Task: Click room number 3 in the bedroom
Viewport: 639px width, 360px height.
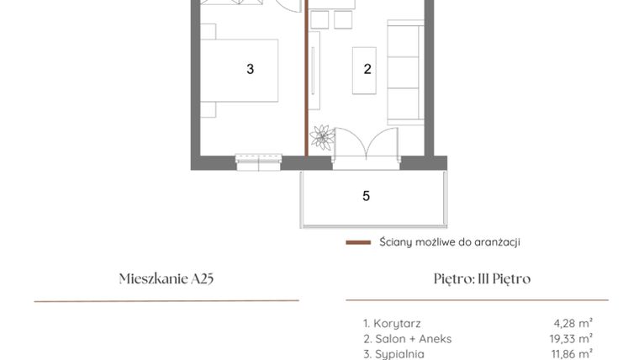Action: tap(250, 70)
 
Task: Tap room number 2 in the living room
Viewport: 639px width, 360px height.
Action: tap(367, 70)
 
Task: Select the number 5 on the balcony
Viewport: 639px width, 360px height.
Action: tap(366, 196)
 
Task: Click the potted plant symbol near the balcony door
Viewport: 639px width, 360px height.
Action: tap(320, 137)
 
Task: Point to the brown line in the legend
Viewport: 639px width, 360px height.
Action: tap(358, 242)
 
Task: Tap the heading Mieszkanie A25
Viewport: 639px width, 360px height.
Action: tap(167, 278)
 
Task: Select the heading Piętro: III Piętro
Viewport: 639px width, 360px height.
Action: tap(478, 278)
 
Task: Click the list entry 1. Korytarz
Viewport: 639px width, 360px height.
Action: tap(392, 322)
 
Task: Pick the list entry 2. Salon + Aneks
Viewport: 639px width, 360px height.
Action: tap(407, 338)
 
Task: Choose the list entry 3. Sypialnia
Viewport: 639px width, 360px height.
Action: tap(395, 354)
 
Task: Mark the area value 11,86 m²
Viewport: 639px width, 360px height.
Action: tap(572, 354)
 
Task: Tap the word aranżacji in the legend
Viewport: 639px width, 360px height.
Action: tap(497, 242)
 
